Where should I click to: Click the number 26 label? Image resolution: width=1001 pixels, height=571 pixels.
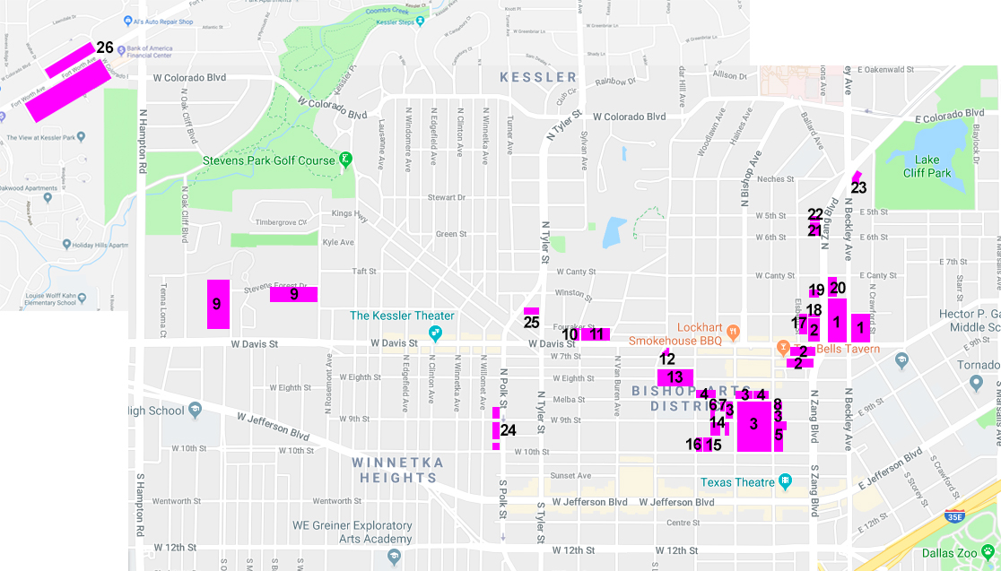pyautogui.click(x=105, y=48)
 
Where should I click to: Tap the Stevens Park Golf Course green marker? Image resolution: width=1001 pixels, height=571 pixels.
pyautogui.click(x=344, y=160)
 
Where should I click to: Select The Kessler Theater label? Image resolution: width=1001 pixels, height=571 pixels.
pyautogui.click(x=402, y=316)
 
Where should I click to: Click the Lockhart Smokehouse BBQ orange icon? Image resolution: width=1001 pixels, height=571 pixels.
pyautogui.click(x=733, y=330)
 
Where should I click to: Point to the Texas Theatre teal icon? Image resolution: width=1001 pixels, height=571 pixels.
pyautogui.click(x=786, y=481)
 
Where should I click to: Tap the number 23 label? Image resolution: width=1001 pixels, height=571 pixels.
pyautogui.click(x=858, y=188)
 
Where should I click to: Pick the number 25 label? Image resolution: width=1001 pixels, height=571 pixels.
pyautogui.click(x=531, y=323)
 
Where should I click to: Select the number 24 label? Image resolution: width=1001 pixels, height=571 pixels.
pyautogui.click(x=509, y=430)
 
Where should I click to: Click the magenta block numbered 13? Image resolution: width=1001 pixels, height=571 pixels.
pyautogui.click(x=675, y=377)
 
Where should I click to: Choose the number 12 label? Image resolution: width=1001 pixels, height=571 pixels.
pyautogui.click(x=667, y=359)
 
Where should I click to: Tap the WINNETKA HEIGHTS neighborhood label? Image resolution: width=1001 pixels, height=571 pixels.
pyautogui.click(x=394, y=470)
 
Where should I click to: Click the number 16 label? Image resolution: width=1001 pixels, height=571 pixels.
pyautogui.click(x=693, y=445)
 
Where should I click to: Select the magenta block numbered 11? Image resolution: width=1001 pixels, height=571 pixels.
pyautogui.click(x=596, y=334)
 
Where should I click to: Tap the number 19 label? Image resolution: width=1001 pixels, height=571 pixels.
pyautogui.click(x=816, y=290)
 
